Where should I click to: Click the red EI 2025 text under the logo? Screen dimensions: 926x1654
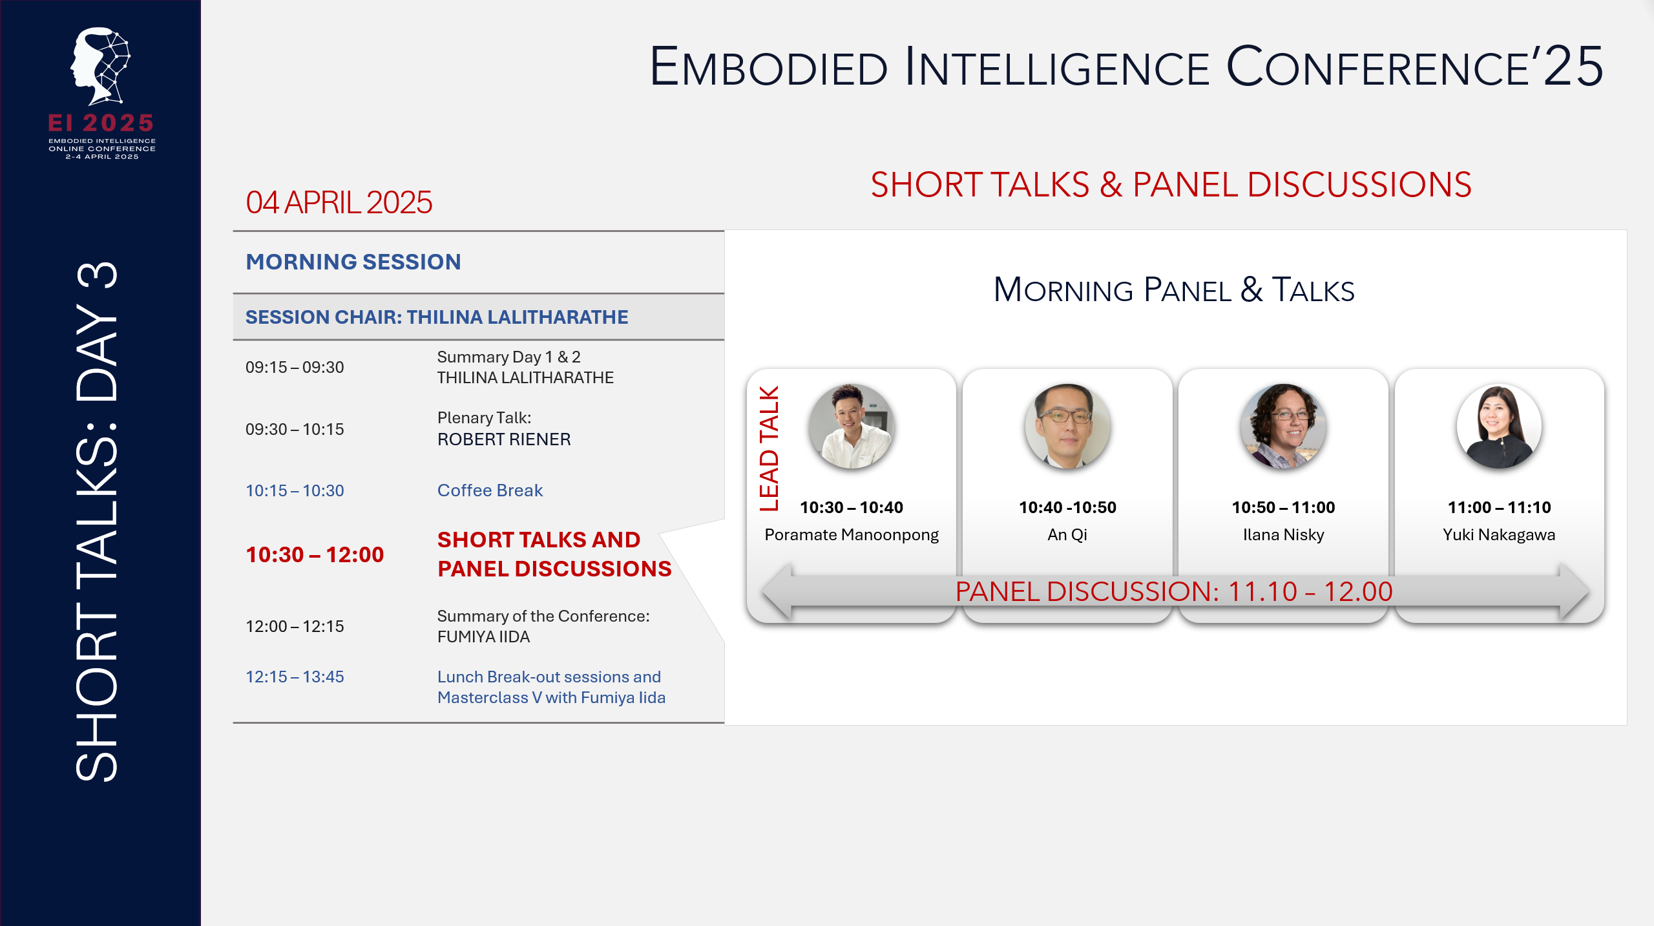click(101, 123)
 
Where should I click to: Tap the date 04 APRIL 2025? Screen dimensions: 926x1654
click(339, 203)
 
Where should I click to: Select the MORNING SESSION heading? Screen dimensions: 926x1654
click(353, 262)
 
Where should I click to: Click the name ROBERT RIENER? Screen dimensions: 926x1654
click(504, 439)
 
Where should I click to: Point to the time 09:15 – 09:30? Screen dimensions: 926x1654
click(295, 367)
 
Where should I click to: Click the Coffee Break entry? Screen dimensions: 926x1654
click(490, 490)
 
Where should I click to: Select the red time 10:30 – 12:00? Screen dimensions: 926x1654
click(315, 554)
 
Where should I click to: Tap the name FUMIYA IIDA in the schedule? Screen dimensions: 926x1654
click(483, 637)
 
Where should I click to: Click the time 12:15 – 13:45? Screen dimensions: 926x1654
click(295, 677)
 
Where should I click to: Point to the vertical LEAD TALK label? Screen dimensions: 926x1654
click(769, 448)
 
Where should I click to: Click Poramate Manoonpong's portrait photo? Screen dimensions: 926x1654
click(851, 426)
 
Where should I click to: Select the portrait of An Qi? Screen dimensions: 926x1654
click(1067, 426)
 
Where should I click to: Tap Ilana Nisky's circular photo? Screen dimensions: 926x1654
click(1283, 426)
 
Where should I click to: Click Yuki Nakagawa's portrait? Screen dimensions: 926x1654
click(1499, 426)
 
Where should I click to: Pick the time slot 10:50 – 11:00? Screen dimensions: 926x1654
click(1283, 507)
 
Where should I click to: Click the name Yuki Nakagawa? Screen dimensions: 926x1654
click(1499, 534)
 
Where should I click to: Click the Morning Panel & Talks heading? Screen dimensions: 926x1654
click(1173, 290)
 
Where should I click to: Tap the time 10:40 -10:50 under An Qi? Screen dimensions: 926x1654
click(1067, 507)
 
